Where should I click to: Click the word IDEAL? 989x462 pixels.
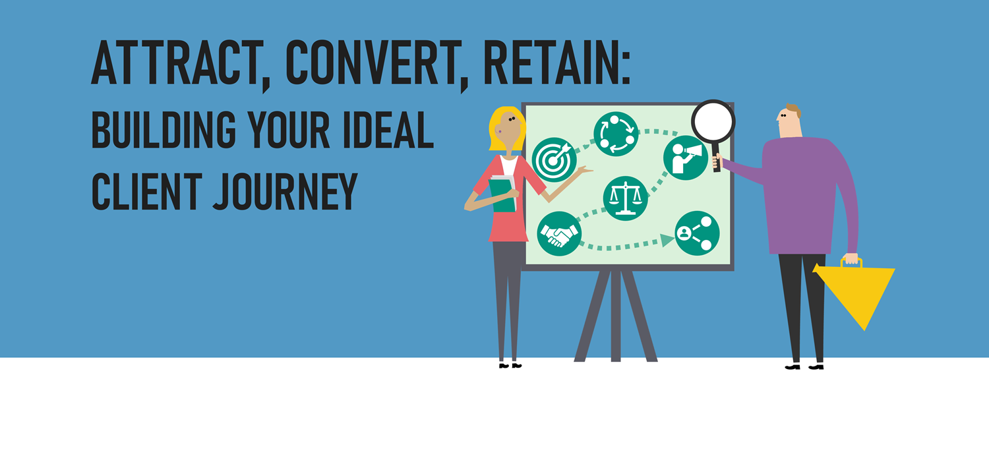[x=388, y=130]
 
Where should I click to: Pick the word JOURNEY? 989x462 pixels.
[x=285, y=192]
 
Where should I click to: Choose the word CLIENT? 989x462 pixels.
[x=146, y=192]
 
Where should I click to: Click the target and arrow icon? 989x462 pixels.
[x=554, y=159]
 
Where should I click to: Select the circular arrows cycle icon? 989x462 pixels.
[x=616, y=134]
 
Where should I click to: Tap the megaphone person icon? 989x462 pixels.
[x=686, y=158]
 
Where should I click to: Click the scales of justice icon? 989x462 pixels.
[x=625, y=198]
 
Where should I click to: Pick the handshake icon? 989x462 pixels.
[x=559, y=233]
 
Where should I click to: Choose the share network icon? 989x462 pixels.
[x=697, y=233]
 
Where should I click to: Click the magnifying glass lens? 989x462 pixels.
[x=713, y=122]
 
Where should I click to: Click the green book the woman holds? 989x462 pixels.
[x=502, y=194]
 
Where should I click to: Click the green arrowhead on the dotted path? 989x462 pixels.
[x=667, y=240]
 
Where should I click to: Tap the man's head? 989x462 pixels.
[x=789, y=121]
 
